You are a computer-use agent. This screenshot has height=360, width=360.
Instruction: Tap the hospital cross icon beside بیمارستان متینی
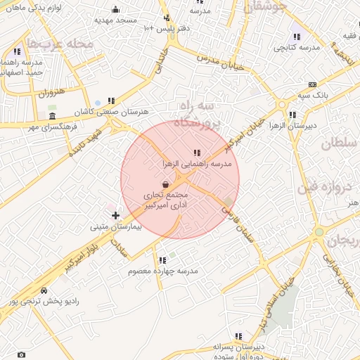click(115, 215)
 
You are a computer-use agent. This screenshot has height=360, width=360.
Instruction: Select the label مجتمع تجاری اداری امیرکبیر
click(165, 199)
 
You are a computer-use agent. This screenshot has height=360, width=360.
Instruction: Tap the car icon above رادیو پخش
click(44, 290)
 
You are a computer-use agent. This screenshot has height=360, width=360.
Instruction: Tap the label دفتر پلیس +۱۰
click(165, 27)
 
